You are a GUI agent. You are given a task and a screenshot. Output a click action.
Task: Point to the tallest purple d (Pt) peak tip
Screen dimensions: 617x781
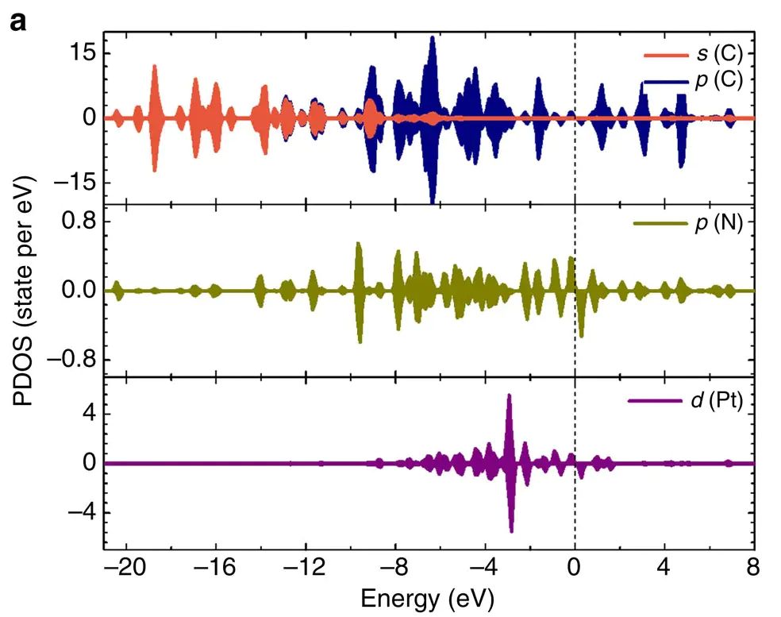510,395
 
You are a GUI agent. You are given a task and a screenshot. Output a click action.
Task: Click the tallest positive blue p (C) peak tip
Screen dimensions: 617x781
432,37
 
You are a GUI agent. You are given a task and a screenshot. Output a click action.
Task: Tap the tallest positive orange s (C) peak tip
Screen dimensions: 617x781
154,66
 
